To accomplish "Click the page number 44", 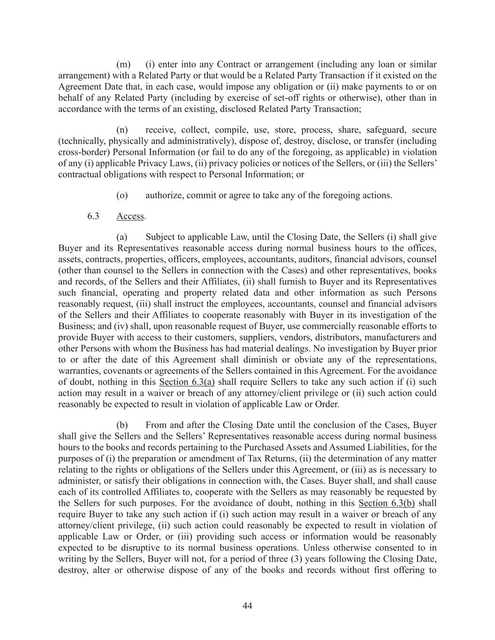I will pyautogui.click(x=247, y=606).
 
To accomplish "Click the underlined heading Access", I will pyautogui.click(x=130, y=216).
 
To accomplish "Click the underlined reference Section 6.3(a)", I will pyautogui.click(x=187, y=382).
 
